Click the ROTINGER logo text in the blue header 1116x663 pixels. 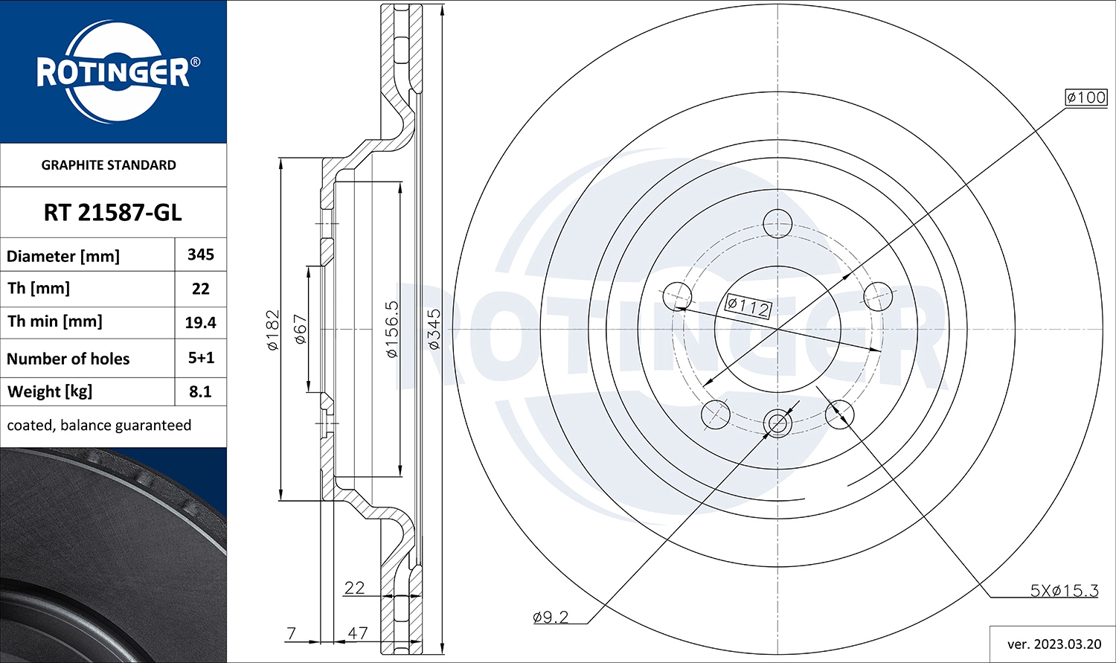coord(113,73)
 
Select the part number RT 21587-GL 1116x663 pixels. coord(112,213)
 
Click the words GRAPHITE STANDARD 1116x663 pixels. coord(109,165)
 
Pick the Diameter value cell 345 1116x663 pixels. coord(201,255)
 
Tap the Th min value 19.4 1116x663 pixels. coord(201,323)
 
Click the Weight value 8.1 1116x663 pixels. coord(201,392)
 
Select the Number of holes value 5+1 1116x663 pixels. coord(201,358)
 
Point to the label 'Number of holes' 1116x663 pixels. coord(68,359)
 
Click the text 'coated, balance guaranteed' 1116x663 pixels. coord(99,426)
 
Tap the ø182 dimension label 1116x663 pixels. coord(273,330)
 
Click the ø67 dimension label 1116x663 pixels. coord(301,329)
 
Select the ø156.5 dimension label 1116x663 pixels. coord(392,329)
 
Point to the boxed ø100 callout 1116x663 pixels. coord(1086,97)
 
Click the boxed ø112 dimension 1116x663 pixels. coord(748,306)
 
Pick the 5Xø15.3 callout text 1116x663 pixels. coord(1064,591)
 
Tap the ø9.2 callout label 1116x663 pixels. coord(551,617)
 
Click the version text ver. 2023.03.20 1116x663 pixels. coord(1054,644)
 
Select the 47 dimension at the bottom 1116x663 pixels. coord(358,633)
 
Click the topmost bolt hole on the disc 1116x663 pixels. coord(777,222)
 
